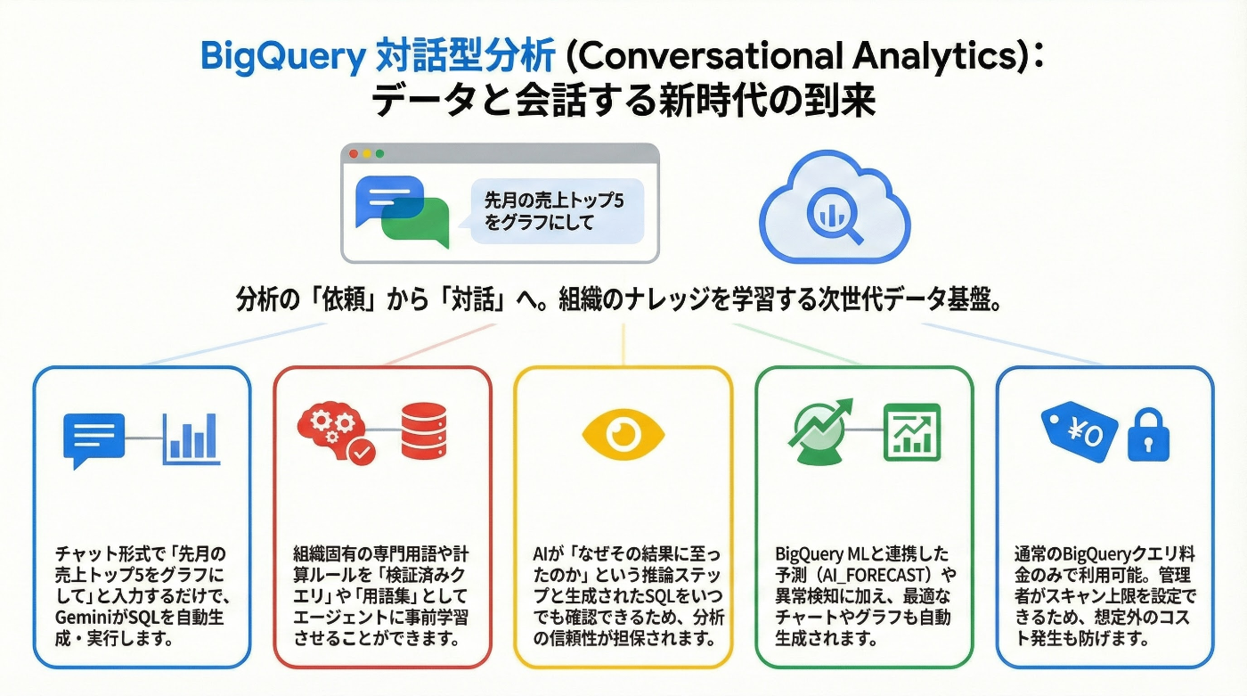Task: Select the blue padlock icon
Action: pos(1148,436)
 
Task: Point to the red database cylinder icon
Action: pos(423,431)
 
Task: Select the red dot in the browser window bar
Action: pos(354,154)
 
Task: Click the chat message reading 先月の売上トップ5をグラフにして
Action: pos(553,211)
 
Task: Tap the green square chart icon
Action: pos(911,432)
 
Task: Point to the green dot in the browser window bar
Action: pos(380,154)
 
